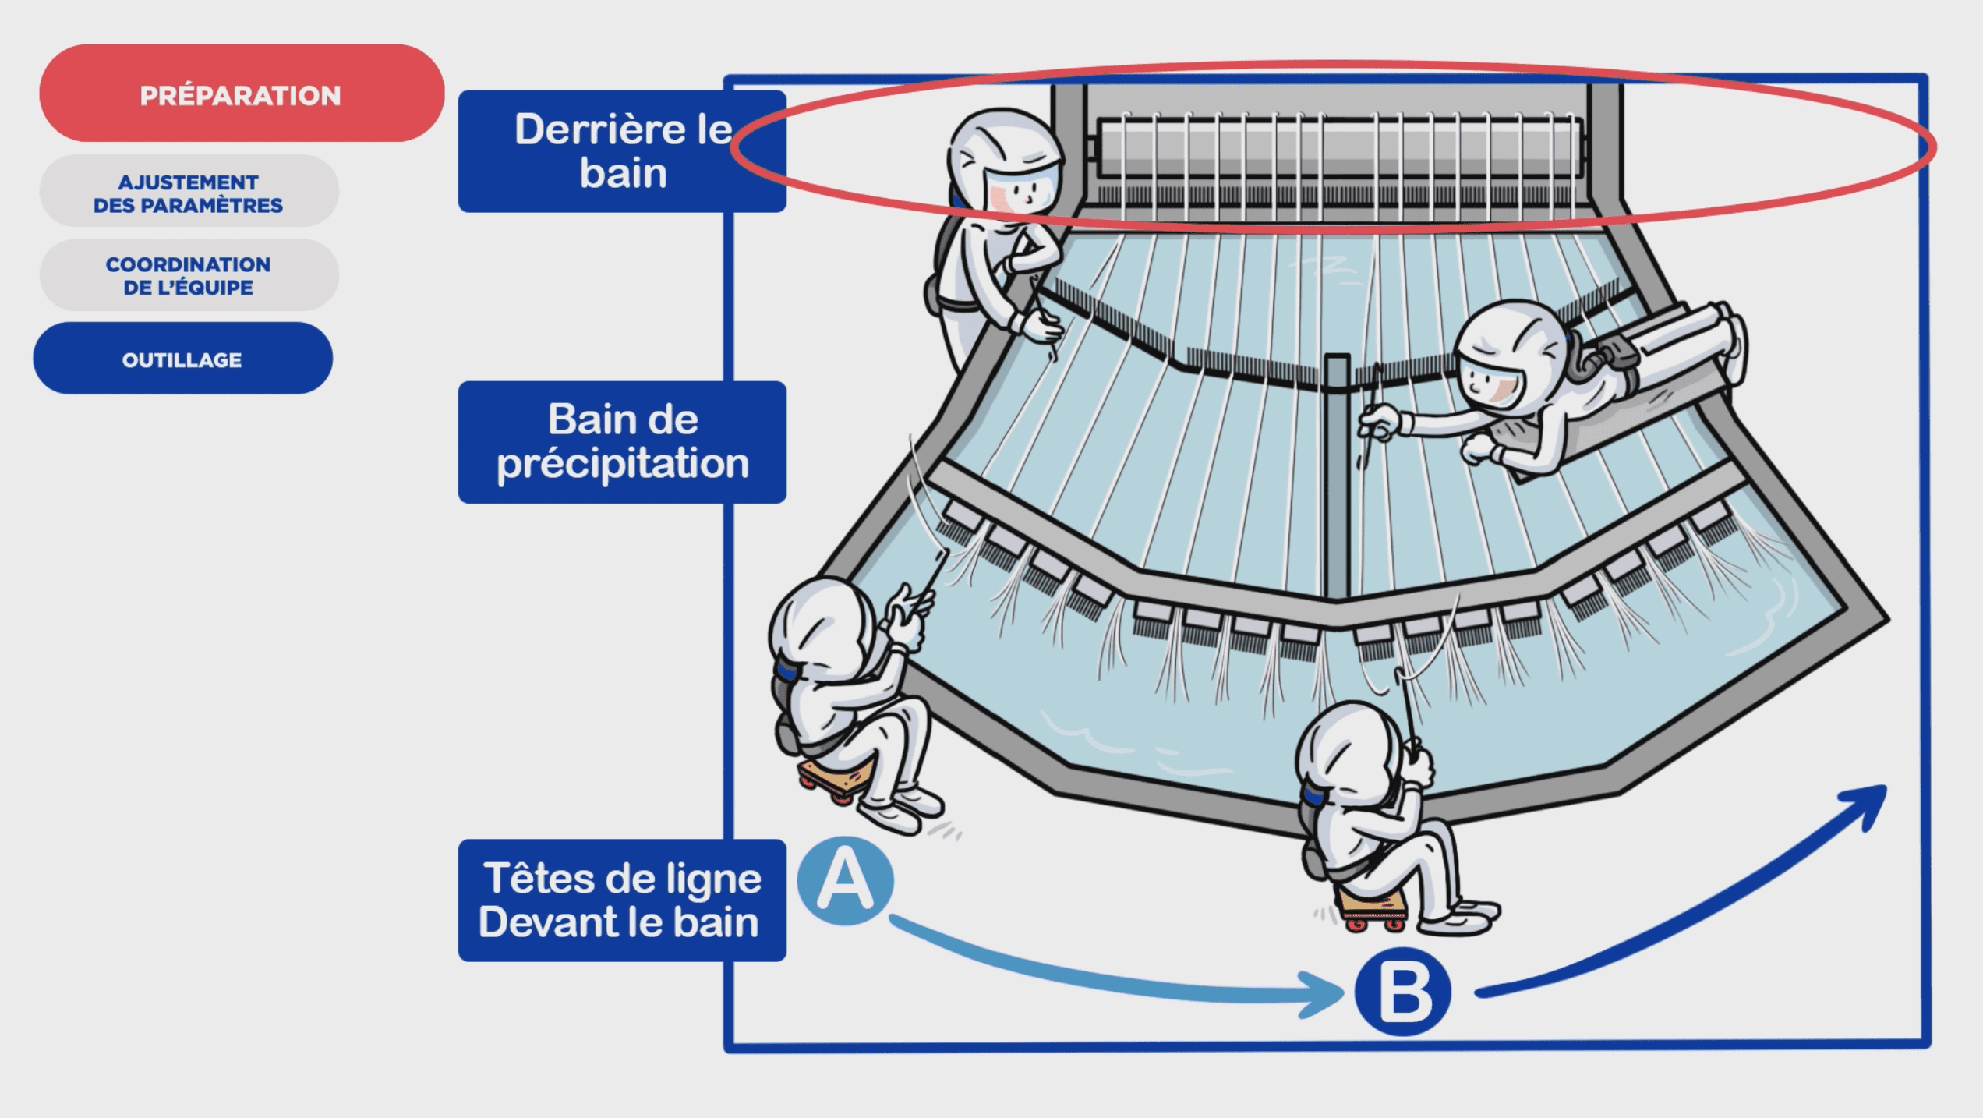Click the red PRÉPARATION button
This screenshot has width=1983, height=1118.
click(x=241, y=94)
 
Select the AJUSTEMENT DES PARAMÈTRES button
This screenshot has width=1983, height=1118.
click(x=189, y=193)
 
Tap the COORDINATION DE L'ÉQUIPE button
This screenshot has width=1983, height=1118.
click(x=189, y=275)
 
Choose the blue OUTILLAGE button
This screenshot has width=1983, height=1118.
click(x=182, y=359)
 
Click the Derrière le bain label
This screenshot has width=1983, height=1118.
click(x=621, y=151)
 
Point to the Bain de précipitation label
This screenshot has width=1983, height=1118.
click(x=621, y=441)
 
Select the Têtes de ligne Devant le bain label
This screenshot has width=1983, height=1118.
click(x=621, y=900)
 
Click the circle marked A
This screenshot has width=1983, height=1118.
click(x=846, y=881)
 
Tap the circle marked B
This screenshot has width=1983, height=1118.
click(x=1402, y=992)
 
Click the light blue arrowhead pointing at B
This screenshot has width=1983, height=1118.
click(x=1325, y=995)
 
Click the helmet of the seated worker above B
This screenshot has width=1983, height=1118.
click(x=1341, y=748)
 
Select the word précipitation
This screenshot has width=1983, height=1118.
click(x=623, y=464)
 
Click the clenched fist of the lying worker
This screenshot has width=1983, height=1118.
click(x=1479, y=449)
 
